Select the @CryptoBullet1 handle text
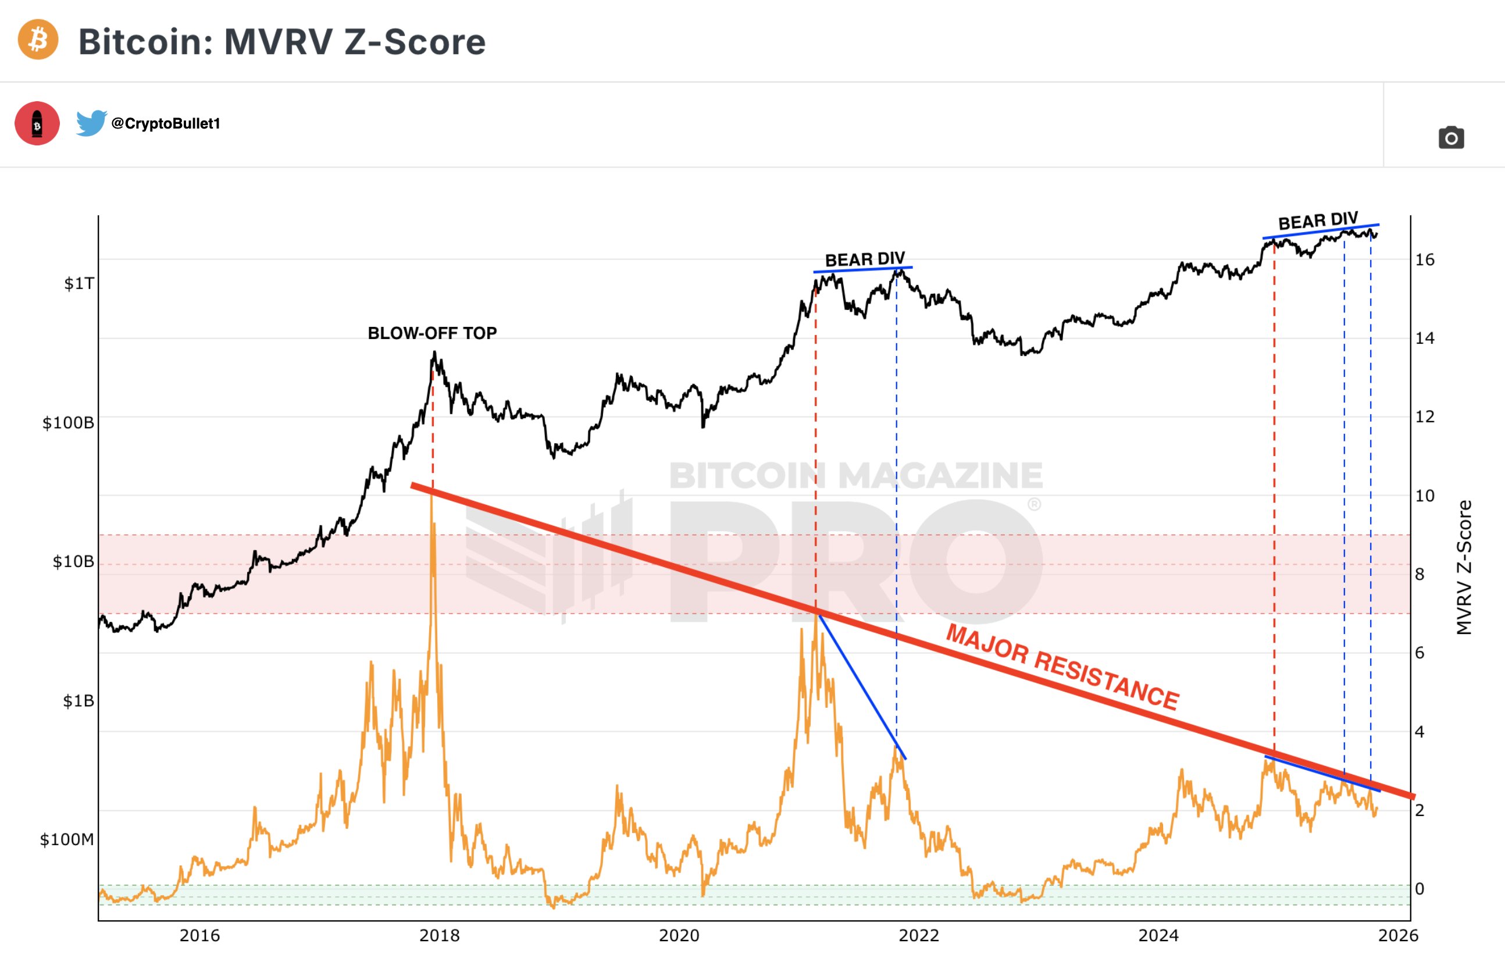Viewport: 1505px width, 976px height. pyautogui.click(x=166, y=123)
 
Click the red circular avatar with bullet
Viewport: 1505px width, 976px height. pyautogui.click(x=37, y=123)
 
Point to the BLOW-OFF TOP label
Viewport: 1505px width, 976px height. pyautogui.click(x=432, y=333)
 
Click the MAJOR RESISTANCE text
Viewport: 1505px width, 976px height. pyautogui.click(x=1062, y=667)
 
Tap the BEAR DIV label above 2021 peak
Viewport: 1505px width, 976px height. pyautogui.click(x=864, y=259)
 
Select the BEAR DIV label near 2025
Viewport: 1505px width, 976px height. pyautogui.click(x=1318, y=222)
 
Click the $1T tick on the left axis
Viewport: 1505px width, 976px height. pyautogui.click(x=79, y=283)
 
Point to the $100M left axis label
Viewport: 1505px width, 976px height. pyautogui.click(x=67, y=839)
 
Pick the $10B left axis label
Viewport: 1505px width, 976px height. pyautogui.click(x=73, y=562)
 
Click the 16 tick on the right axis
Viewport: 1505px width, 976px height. pyautogui.click(x=1425, y=259)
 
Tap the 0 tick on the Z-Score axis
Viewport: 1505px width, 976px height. pyautogui.click(x=1420, y=889)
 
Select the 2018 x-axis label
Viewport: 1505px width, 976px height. pyautogui.click(x=440, y=935)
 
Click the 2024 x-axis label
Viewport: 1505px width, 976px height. pyautogui.click(x=1158, y=935)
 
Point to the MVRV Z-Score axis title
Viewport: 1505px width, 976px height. pyautogui.click(x=1464, y=567)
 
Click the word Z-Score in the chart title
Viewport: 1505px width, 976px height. pyautogui.click(x=415, y=42)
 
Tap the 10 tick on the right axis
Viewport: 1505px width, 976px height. pyautogui.click(x=1425, y=496)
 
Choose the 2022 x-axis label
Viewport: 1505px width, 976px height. pyautogui.click(x=919, y=935)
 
